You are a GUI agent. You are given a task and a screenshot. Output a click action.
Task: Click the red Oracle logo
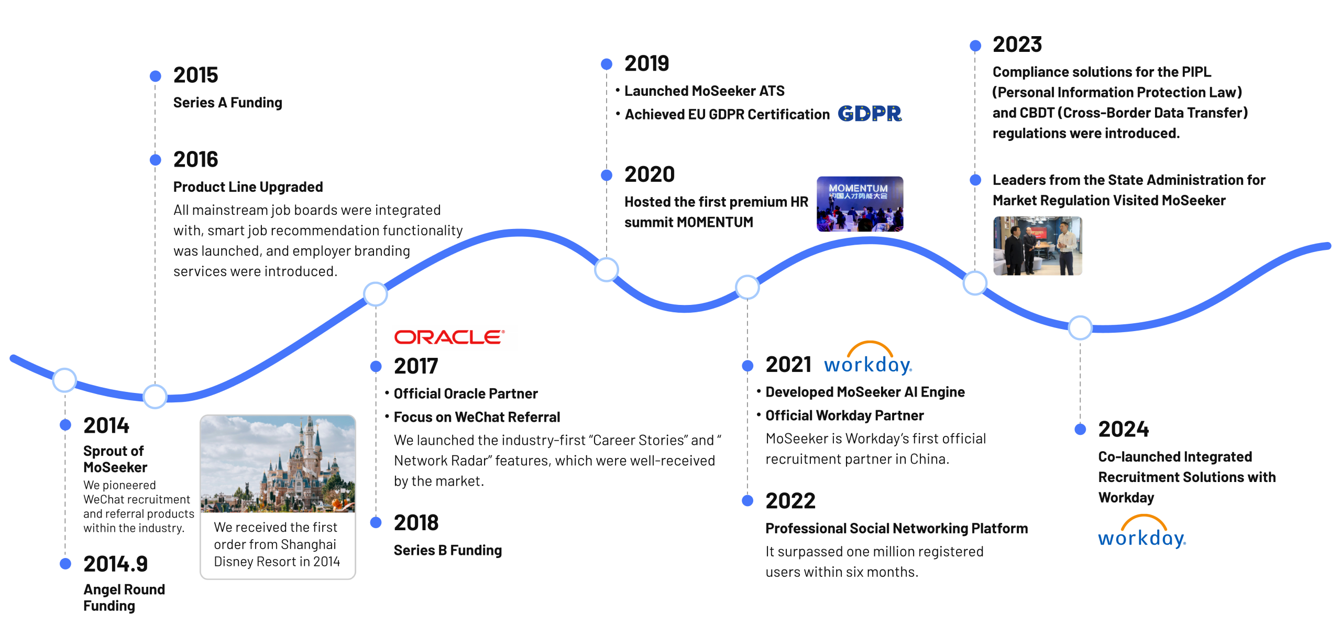449,337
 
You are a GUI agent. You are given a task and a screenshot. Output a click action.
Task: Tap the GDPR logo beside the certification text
870,113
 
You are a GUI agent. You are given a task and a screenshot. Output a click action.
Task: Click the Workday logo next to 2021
868,358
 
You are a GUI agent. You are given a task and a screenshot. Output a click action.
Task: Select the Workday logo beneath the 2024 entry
1142,531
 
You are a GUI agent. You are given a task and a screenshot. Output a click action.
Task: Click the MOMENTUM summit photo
860,204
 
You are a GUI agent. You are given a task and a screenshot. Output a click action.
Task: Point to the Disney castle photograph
278,464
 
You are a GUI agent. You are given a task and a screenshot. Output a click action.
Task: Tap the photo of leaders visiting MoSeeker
1037,246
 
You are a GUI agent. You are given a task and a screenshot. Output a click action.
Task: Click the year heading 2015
195,75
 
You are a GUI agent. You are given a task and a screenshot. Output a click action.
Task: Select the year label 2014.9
116,564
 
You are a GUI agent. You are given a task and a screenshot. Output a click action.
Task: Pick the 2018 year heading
416,522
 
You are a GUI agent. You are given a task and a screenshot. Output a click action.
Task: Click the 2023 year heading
1017,45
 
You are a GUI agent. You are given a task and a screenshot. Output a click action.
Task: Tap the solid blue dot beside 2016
155,159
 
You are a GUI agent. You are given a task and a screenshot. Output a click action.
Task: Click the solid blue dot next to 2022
748,500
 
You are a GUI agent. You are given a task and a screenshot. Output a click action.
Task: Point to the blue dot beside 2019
607,64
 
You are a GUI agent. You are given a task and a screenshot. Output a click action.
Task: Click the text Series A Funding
227,103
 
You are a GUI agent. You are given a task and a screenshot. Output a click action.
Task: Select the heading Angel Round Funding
124,597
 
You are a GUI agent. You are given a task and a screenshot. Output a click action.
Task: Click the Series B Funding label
447,550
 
